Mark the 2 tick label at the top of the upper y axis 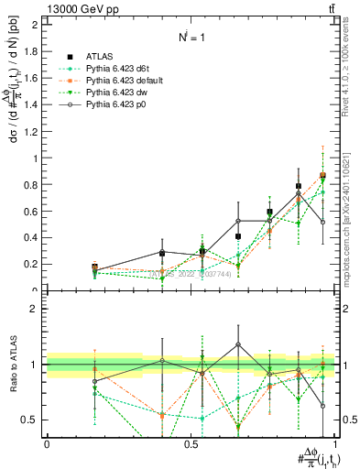click(38, 24)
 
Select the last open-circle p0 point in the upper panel click(322, 222)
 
